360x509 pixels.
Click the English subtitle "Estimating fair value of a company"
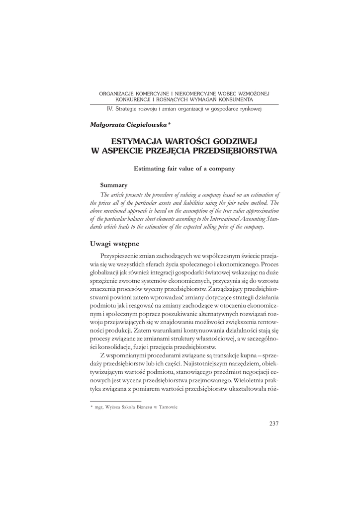[184, 168]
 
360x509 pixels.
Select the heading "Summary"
[113, 185]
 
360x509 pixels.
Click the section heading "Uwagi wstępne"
[114, 244]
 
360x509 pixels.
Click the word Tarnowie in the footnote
[168, 407]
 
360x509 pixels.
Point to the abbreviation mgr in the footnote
[98, 407]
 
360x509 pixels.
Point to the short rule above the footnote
[115, 401]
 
